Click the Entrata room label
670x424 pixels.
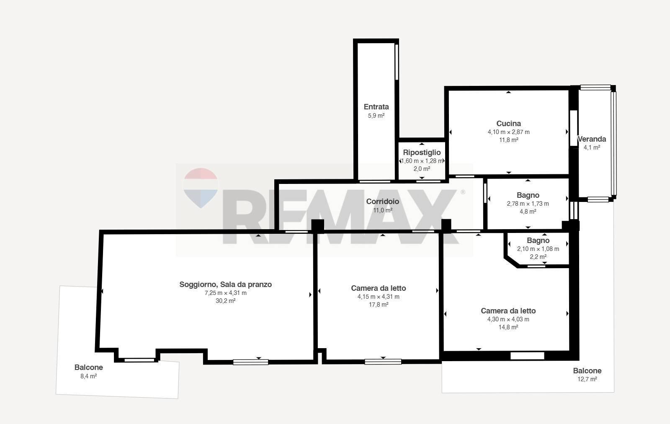(x=376, y=107)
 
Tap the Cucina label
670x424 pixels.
(x=508, y=124)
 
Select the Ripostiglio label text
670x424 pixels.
(x=422, y=153)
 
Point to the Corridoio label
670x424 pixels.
(x=383, y=202)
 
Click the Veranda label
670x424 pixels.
(x=592, y=139)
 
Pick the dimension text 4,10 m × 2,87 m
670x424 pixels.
(x=508, y=132)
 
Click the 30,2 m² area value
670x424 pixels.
(x=226, y=301)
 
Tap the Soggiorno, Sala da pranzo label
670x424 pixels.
(x=226, y=284)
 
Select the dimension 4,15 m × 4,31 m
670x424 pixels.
(x=379, y=297)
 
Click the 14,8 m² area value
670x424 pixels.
(x=508, y=327)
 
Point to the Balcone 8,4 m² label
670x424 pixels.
(x=88, y=371)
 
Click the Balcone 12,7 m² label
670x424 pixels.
(x=587, y=375)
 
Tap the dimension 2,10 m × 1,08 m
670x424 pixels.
(x=538, y=249)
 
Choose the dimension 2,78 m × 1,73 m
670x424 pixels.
(x=528, y=204)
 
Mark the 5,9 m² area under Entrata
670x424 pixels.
(x=376, y=116)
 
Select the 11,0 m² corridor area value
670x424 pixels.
(x=383, y=210)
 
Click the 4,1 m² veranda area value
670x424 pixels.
(x=592, y=147)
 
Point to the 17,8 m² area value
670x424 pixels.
(x=379, y=305)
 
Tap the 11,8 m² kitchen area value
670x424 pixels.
(x=508, y=140)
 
